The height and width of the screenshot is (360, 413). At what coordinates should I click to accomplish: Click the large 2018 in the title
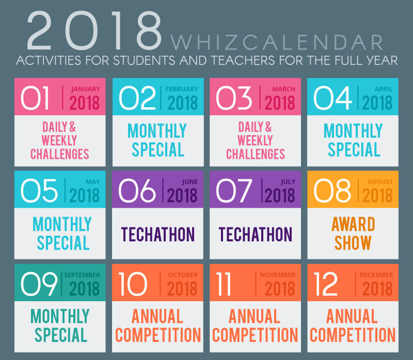94,30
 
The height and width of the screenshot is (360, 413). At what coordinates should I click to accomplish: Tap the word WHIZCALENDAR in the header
277,42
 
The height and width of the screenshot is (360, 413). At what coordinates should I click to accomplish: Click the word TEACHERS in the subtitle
243,60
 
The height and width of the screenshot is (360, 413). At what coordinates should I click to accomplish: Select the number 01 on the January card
35,98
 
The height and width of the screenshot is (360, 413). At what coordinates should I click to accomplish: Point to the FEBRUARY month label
182,89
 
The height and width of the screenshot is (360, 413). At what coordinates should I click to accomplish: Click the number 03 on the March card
234,98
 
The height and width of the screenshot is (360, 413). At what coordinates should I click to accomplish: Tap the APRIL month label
384,89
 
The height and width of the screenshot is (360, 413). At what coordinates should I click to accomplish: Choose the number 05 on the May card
39,190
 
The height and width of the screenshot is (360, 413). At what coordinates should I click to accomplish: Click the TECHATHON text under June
158,234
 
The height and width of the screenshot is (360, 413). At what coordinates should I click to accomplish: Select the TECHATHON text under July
256,234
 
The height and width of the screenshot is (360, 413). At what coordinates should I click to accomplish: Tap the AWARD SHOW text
353,234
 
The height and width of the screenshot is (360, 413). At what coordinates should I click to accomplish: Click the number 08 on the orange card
332,190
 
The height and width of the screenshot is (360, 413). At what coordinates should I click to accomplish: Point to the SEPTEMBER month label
82,275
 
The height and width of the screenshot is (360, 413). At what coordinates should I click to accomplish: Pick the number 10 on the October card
133,284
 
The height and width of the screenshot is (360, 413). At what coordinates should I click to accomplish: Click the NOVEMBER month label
278,275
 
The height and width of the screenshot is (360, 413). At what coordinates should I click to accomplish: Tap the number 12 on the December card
326,284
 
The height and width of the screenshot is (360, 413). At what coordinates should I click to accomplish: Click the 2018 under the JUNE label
182,195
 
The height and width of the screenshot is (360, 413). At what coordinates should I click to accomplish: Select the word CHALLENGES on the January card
60,154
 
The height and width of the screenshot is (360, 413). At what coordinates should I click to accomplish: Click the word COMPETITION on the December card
353,335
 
